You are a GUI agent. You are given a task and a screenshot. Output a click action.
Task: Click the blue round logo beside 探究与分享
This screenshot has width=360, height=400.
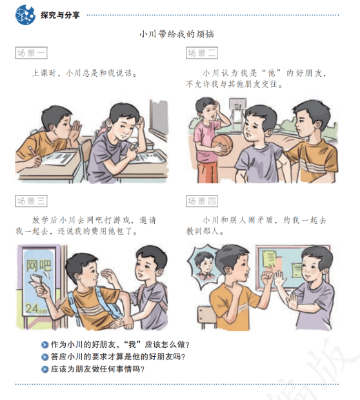point(25,15)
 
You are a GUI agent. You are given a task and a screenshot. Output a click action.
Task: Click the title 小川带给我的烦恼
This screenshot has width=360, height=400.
point(177,34)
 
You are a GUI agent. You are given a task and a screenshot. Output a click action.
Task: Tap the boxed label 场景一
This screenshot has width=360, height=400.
point(31,53)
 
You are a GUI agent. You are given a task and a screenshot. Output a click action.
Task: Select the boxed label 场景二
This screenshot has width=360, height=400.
point(202,53)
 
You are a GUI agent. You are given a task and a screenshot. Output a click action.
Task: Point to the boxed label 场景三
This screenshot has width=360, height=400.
point(31,201)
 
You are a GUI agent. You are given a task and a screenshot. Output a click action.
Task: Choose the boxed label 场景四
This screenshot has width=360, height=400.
point(202,201)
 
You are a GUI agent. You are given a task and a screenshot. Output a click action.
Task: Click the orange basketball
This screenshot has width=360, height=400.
point(222,145)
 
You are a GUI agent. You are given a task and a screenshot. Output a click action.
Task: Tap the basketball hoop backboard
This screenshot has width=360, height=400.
point(237,105)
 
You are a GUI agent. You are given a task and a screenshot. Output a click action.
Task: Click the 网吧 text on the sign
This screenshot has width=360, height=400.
point(39,265)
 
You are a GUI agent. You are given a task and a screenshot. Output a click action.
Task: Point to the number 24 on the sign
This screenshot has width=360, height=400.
point(32,308)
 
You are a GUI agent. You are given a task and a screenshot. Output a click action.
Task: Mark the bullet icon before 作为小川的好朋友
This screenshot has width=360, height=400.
point(45,345)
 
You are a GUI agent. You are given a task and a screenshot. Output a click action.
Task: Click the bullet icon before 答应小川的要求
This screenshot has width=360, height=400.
point(45,357)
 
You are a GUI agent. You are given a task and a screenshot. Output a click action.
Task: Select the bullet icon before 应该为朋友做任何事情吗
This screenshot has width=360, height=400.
point(45,369)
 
